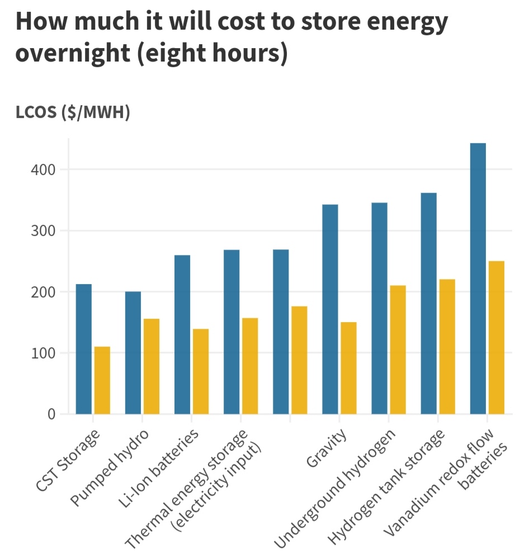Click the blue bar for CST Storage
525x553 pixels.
coord(84,349)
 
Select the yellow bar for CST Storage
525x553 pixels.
coord(102,380)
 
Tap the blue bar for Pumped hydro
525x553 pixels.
coord(133,352)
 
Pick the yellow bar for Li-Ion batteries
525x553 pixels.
coord(201,371)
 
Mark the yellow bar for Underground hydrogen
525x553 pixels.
coord(398,349)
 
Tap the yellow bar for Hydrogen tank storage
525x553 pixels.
coord(447,347)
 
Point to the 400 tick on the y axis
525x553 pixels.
coord(42,169)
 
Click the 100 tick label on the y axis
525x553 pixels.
coord(42,353)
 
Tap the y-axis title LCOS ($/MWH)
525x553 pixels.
coord(73,112)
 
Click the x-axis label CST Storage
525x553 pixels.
coord(68,461)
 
